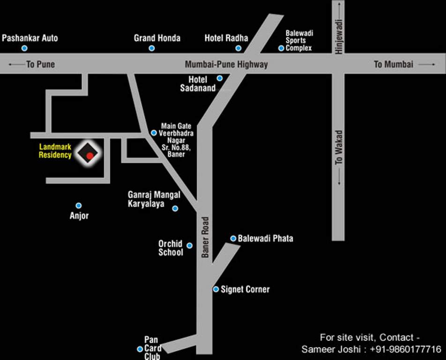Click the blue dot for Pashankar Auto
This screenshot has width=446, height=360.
(24, 48)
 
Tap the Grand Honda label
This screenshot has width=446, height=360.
(157, 38)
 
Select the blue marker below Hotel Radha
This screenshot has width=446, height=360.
(238, 48)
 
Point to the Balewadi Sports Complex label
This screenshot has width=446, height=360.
(299, 40)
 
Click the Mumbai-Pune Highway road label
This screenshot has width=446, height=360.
(226, 64)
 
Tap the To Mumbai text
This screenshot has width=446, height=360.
(394, 64)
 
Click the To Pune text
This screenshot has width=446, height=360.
(40, 64)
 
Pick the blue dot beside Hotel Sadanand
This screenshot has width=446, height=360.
(220, 78)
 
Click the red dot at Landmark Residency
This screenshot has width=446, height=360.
(89, 156)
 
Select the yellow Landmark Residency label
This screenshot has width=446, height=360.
(55, 151)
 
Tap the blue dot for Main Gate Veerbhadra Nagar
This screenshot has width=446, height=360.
(154, 133)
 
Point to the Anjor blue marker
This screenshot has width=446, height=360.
(79, 205)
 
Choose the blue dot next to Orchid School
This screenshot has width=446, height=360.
(190, 246)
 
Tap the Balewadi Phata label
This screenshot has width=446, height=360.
(265, 239)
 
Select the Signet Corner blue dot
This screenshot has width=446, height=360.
(216, 289)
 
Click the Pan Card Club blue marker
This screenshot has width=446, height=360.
(140, 349)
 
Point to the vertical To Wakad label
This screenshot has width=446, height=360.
(339, 147)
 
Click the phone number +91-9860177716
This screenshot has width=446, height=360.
(406, 349)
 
